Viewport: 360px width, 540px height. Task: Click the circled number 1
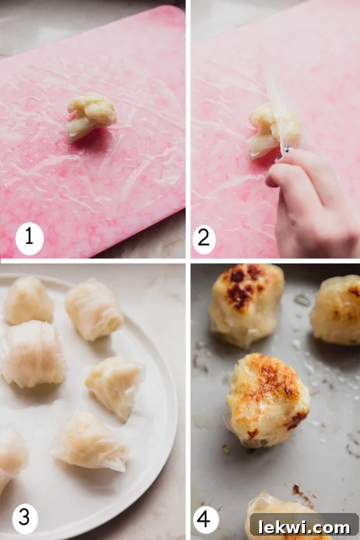pos(29,237)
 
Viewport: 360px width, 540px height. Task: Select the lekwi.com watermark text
pos(304,527)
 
